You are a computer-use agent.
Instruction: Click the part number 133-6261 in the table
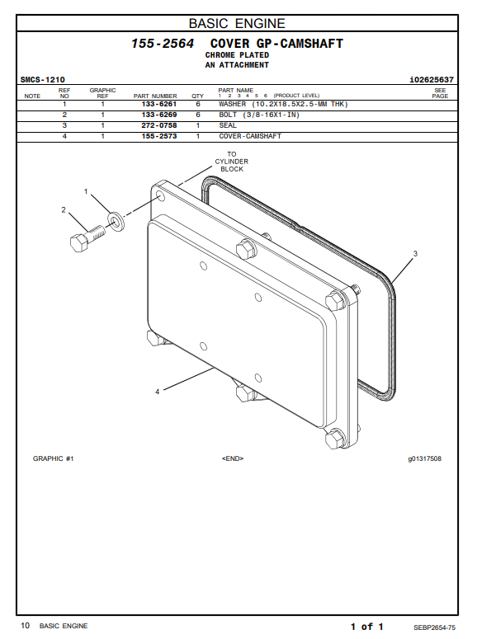pos(159,105)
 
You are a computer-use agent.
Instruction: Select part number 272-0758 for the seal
pos(159,125)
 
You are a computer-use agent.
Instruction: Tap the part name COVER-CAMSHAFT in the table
pos(250,136)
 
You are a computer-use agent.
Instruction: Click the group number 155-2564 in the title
pos(163,43)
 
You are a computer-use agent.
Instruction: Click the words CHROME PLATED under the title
pos(237,55)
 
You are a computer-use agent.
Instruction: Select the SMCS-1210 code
pos(43,80)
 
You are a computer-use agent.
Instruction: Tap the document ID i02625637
pos(431,80)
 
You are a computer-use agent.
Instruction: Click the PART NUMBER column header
pos(155,96)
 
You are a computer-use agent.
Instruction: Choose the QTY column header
pos(198,96)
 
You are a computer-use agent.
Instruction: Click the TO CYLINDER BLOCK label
pos(232,162)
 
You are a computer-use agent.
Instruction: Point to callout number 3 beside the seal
pos(415,253)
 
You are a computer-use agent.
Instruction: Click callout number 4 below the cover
pos(157,391)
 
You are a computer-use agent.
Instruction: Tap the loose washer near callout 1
pos(116,220)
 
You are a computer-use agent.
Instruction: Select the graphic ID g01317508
pos(423,458)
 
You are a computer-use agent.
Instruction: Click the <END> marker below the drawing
pos(232,458)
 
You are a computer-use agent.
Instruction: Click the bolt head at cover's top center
pos(244,248)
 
